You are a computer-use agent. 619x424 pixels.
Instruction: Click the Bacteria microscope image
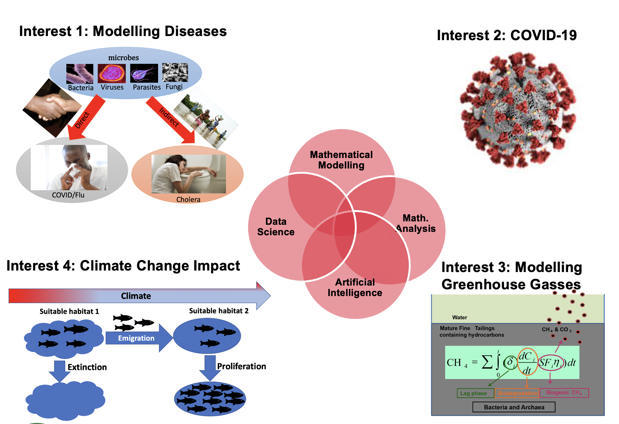point(79,74)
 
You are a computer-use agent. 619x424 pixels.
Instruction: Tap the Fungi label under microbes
point(174,87)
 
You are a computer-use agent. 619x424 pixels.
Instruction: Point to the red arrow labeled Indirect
point(170,119)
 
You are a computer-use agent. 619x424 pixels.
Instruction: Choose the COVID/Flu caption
point(68,195)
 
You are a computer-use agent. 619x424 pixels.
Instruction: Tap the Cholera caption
point(188,200)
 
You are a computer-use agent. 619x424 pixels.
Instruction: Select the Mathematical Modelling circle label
point(341,160)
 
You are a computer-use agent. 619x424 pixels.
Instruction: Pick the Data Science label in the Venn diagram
point(276,227)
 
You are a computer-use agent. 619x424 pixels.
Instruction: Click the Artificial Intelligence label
point(354,287)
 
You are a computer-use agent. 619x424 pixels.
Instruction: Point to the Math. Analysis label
point(416,223)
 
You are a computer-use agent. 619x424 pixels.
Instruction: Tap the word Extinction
point(87,367)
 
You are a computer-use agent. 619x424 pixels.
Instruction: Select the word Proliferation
point(241,366)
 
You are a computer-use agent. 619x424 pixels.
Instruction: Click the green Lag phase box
point(474,393)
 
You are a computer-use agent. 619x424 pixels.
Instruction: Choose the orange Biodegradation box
point(517,393)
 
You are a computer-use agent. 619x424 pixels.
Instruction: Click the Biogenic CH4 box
point(564,392)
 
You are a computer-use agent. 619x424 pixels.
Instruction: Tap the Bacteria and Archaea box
point(514,407)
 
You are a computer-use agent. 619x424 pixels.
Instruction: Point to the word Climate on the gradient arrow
point(136,296)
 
